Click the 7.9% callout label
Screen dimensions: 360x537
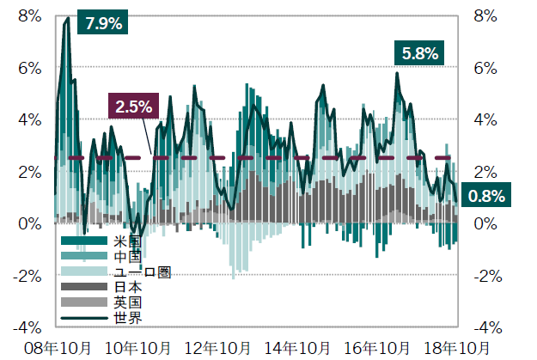[x=104, y=23]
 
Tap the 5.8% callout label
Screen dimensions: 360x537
[x=420, y=53]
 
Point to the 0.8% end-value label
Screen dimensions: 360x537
[x=485, y=196]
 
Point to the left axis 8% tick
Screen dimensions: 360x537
[x=29, y=15]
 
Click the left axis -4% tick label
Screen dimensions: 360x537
[x=26, y=327]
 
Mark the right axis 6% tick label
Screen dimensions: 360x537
[x=485, y=68]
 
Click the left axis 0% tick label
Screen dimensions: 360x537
[x=29, y=223]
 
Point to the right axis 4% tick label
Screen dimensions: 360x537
[x=485, y=119]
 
